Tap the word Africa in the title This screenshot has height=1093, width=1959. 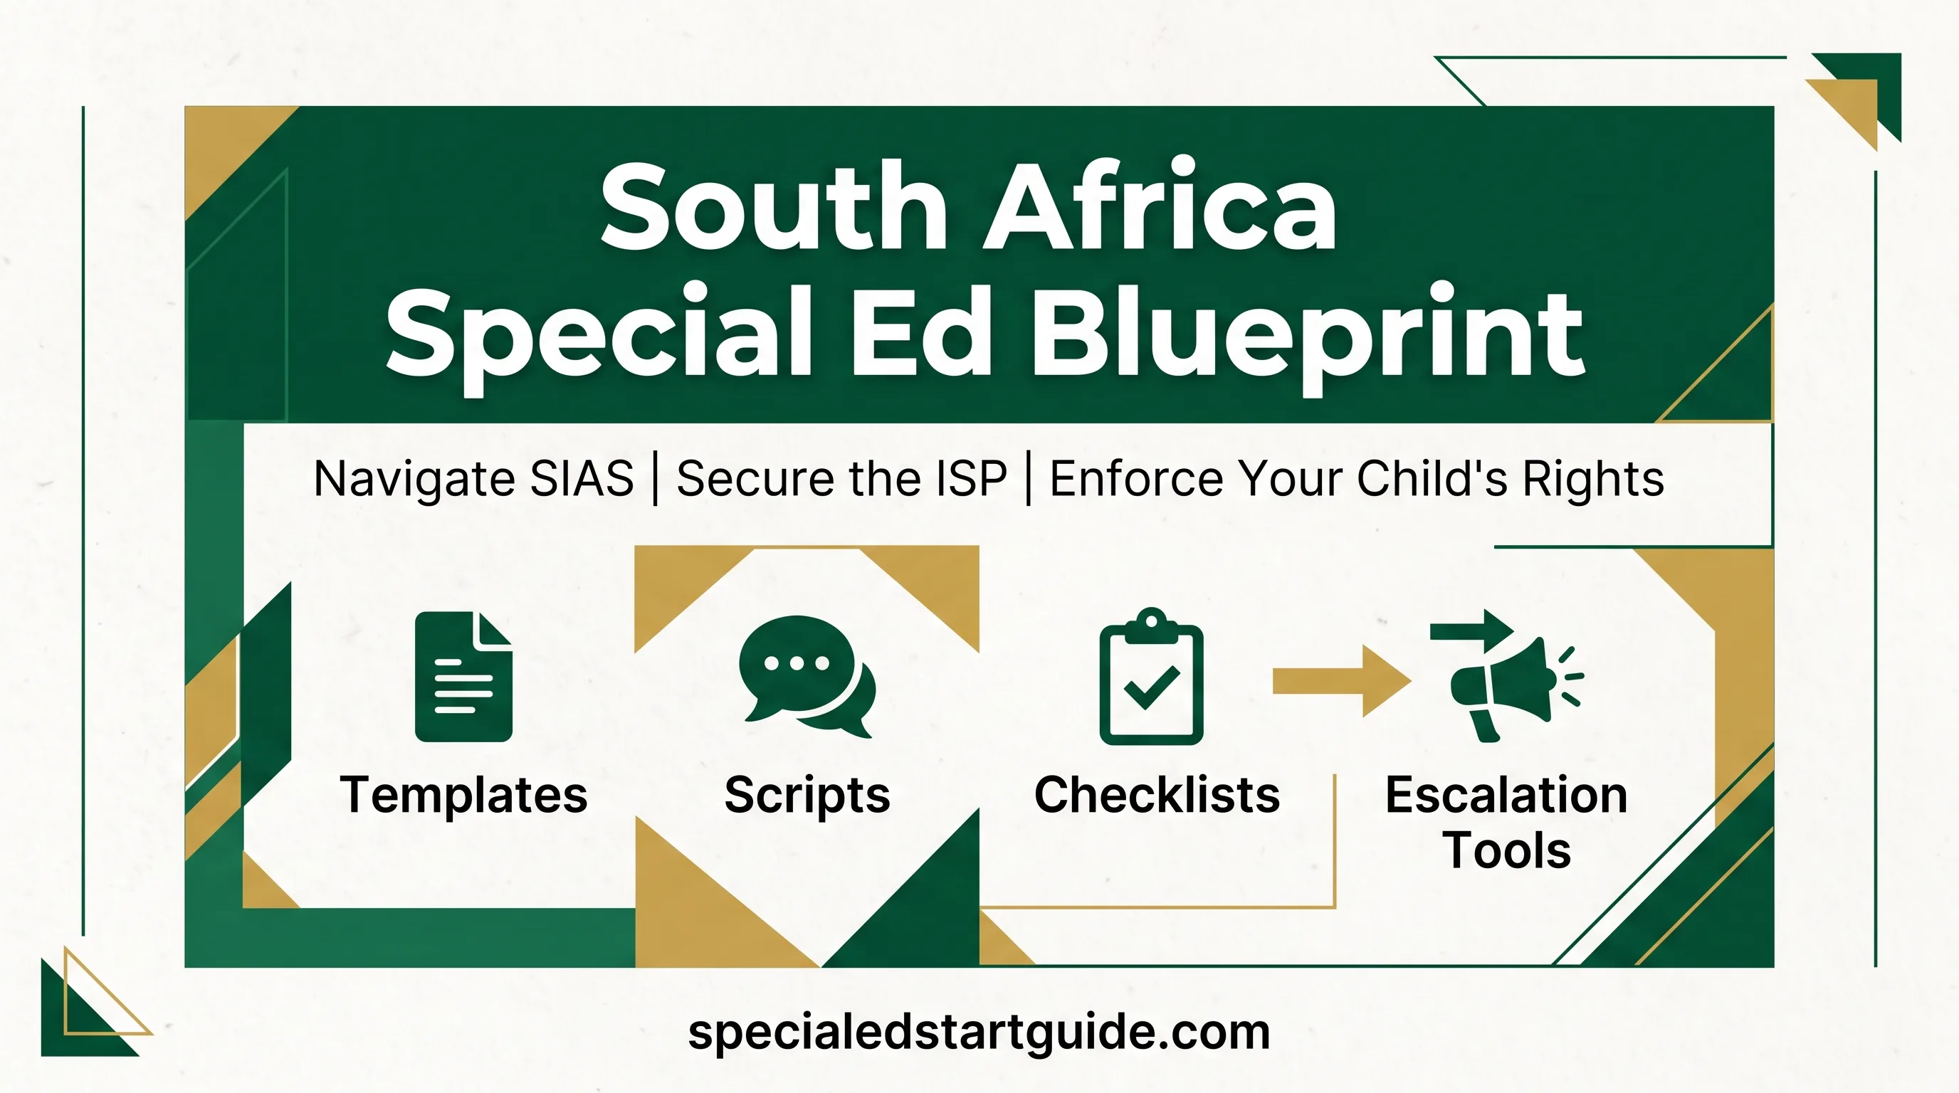click(1160, 201)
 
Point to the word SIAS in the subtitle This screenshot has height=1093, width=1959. click(581, 479)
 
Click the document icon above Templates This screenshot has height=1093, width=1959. click(463, 677)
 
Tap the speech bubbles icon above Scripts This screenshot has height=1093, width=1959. click(807, 677)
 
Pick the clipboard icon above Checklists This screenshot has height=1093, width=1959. click(1151, 676)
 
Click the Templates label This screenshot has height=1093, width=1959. click(464, 796)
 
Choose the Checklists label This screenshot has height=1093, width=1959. click(1157, 795)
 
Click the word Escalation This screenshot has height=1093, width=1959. click(1506, 795)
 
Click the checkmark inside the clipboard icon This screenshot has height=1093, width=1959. click(1151, 687)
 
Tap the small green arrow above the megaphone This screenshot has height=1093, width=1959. click(1471, 630)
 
